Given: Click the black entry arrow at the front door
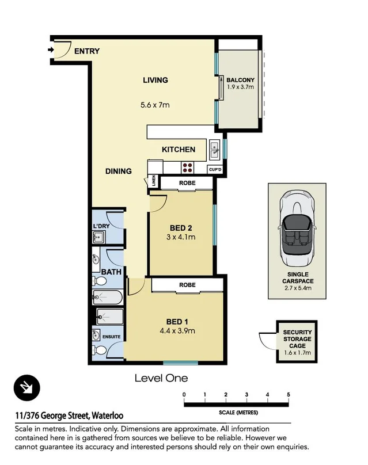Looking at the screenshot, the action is pyautogui.click(x=51, y=50).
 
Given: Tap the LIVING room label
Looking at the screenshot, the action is pyautogui.click(x=155, y=80).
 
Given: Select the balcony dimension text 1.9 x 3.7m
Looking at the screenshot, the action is pyautogui.click(x=240, y=87).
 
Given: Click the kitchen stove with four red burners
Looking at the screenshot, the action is pyautogui.click(x=187, y=167).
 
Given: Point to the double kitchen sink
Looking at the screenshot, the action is pyautogui.click(x=215, y=150).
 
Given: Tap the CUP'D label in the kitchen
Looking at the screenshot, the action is pyautogui.click(x=215, y=170).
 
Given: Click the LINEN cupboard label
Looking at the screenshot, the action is pyautogui.click(x=154, y=181).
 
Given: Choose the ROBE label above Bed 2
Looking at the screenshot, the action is pyautogui.click(x=187, y=183).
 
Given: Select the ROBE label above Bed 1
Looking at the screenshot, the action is pyautogui.click(x=187, y=285).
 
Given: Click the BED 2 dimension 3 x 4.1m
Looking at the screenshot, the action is pyautogui.click(x=181, y=237).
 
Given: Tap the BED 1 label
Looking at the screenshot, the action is pyautogui.click(x=177, y=322).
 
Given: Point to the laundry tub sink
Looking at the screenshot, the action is pyautogui.click(x=98, y=237).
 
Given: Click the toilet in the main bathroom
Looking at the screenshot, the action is pyautogui.click(x=100, y=280).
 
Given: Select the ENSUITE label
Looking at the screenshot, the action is pyautogui.click(x=111, y=337).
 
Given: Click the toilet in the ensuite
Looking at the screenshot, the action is pyautogui.click(x=100, y=350).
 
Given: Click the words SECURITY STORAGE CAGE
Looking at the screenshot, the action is pyautogui.click(x=297, y=339).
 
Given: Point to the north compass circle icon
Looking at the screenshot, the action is pyautogui.click(x=27, y=388).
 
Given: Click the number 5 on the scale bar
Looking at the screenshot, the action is pyautogui.click(x=289, y=395).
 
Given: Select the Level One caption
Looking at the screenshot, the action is pyautogui.click(x=161, y=378).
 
